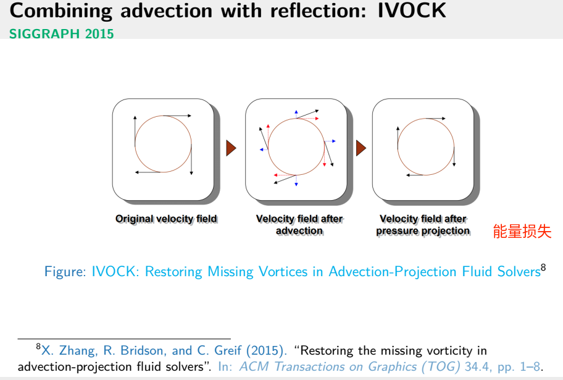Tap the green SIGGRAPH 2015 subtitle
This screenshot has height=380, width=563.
coord(62,33)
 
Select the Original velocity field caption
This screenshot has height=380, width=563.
coord(166,219)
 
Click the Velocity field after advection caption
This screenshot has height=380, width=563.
coord(299,224)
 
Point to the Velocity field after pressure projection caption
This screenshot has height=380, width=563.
coord(423,224)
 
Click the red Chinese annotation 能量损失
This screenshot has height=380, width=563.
coord(522,232)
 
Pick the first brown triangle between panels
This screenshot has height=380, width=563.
coord(231,148)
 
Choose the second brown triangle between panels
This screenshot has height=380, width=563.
coord(361,148)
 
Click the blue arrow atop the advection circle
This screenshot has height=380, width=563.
coord(296,113)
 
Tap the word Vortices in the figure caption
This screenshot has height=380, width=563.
coord(290,272)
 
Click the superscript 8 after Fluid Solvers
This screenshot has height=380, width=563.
coord(543,268)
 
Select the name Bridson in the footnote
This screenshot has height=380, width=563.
coord(129,351)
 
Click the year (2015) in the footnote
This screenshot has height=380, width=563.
coord(266,351)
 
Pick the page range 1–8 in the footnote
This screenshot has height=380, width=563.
coord(530,366)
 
